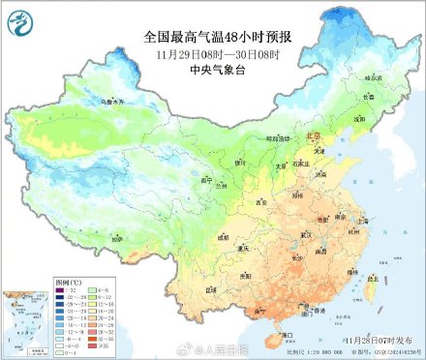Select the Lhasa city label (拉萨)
coord(116,237)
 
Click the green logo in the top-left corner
coord(19,19)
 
